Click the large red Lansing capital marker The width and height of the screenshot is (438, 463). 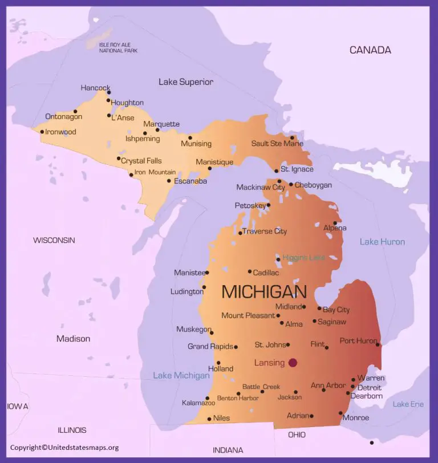coord(293,363)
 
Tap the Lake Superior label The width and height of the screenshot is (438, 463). coord(186,82)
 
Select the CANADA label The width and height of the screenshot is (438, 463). coord(370,50)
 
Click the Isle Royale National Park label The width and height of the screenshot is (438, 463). coord(119,47)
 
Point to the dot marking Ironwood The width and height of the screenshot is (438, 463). coord(42,132)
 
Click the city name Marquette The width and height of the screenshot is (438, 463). coord(161,124)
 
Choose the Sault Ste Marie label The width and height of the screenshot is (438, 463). coord(277,144)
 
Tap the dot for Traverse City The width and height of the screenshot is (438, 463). coord(240,233)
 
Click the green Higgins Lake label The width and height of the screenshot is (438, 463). coord(303,258)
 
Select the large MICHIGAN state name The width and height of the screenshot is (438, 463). coord(263,292)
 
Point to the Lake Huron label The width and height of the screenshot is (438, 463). coord(382,242)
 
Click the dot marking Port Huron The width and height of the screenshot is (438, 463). coord(378,344)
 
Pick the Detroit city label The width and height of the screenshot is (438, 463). coord(369,387)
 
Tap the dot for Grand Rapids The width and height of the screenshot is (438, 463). coord(236,347)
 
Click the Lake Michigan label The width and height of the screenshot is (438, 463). coord(181,375)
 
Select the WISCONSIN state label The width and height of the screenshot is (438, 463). coord(54,240)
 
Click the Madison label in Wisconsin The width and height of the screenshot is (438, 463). coord(73,339)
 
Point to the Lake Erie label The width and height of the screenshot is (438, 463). coord(408,404)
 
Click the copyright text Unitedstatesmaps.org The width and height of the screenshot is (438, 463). coord(64,448)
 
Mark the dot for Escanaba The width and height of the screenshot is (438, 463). coord(169,181)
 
